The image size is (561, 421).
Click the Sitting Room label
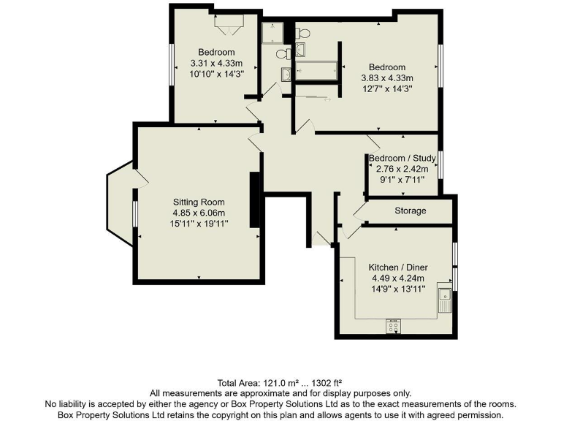click(x=199, y=202)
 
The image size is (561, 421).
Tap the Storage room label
click(x=411, y=211)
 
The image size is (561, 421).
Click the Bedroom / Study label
click(x=402, y=158)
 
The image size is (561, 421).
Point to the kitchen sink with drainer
click(x=443, y=300)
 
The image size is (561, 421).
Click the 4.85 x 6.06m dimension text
click(x=199, y=213)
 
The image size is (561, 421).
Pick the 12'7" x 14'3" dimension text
click(x=387, y=88)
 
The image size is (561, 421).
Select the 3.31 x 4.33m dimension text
click(x=216, y=63)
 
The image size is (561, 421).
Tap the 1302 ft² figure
click(x=326, y=383)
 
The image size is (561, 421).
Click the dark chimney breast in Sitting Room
click(x=255, y=200)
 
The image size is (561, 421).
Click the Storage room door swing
click(x=361, y=210)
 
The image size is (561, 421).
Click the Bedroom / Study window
click(x=440, y=164)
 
